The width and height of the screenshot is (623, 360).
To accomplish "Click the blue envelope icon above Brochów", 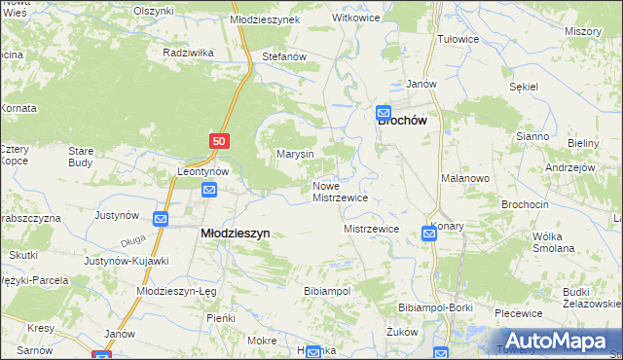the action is click(384, 112).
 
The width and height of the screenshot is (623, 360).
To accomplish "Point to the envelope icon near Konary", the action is click(429, 233).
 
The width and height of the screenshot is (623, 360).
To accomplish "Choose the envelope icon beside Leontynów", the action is click(209, 191).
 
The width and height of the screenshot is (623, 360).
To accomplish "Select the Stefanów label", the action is click(284, 57).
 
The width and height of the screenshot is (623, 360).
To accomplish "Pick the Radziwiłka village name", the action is click(189, 52).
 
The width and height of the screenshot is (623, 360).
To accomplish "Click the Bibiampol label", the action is click(327, 291).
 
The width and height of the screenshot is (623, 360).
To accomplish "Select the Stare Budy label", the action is click(80, 157).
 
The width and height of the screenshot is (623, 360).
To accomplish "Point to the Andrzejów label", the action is click(570, 167).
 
